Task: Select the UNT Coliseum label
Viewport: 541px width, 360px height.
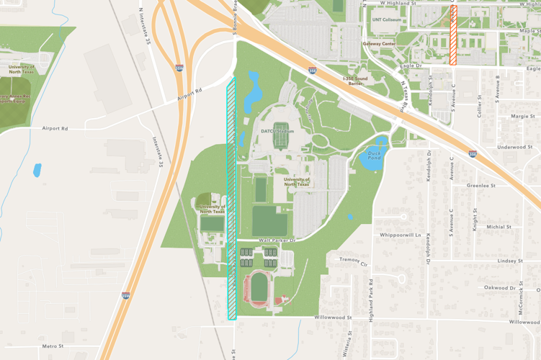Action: [x=387, y=20]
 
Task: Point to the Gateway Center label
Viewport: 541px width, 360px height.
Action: [x=379, y=43]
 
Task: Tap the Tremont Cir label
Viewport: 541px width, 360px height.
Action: [x=354, y=260]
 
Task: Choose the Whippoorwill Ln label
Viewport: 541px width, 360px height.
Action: [x=400, y=235]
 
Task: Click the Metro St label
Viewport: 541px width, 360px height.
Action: [x=53, y=346]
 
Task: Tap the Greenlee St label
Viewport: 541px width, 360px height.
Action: [x=481, y=185]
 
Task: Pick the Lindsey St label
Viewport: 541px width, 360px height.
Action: [x=509, y=261]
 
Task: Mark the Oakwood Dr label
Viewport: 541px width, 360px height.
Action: [x=500, y=287]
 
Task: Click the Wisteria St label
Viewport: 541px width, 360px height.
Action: [x=348, y=345]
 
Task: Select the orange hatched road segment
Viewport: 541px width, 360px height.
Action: [x=453, y=36]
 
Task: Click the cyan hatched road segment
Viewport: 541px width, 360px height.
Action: [x=231, y=198]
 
